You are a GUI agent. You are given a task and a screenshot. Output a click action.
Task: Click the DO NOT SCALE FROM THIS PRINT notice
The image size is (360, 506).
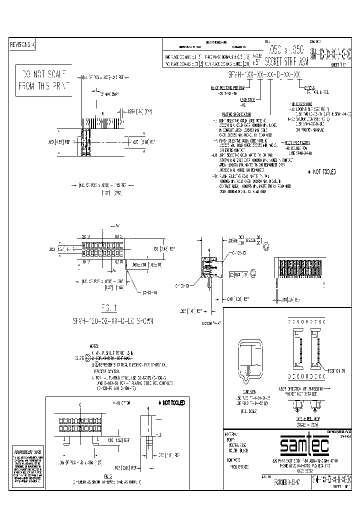(42, 80)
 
